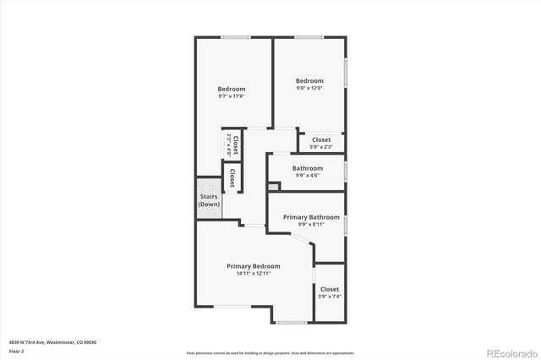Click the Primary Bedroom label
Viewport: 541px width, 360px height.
point(253,266)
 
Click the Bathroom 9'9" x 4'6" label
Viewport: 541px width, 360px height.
point(308,168)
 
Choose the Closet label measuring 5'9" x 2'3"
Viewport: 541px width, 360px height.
point(321,139)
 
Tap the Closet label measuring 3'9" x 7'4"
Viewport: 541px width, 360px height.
point(329,290)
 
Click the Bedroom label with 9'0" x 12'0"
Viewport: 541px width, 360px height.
point(309,81)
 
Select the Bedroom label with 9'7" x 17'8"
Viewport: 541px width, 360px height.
point(232,90)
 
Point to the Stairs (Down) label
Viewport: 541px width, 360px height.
point(208,200)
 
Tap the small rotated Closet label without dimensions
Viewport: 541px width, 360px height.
point(232,176)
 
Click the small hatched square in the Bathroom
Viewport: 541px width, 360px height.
point(273,186)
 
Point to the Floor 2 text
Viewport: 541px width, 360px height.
point(17,351)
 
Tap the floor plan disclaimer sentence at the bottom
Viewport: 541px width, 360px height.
point(270,352)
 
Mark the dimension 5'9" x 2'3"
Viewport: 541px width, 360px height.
point(321,147)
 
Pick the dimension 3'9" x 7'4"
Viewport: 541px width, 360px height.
point(329,297)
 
